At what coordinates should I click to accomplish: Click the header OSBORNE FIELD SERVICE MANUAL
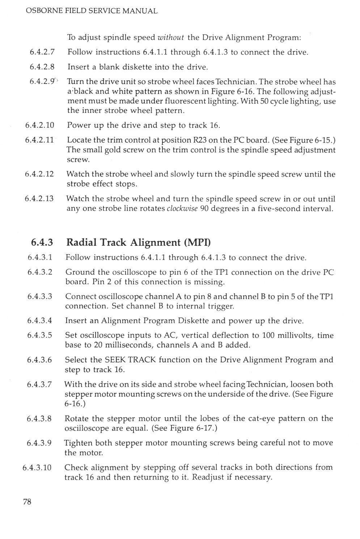(92, 11)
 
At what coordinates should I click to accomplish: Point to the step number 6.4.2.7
(42, 52)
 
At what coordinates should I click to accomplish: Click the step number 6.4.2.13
(39, 199)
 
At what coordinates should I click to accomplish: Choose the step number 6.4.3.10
(37, 467)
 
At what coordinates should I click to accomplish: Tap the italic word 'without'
(171, 37)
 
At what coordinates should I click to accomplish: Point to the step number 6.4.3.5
(39, 335)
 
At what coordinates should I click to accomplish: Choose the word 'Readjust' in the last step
(208, 477)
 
